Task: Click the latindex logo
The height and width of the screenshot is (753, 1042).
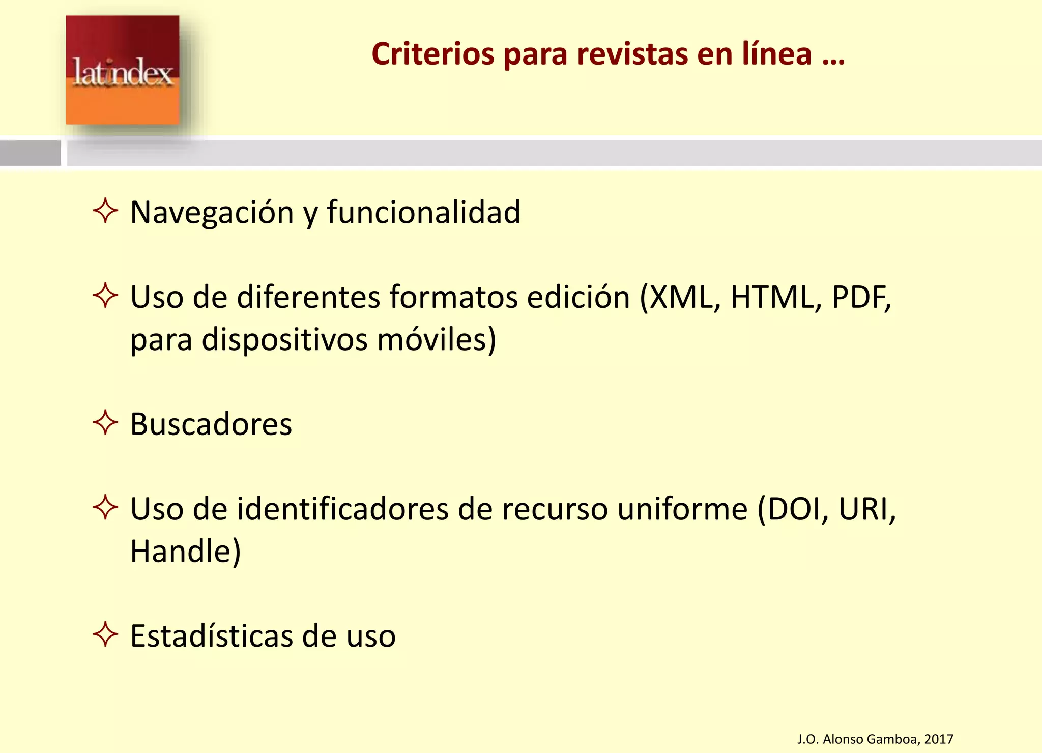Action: (x=122, y=70)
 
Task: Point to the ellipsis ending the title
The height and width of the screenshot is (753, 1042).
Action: (x=833, y=55)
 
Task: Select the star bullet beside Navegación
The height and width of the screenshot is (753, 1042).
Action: (x=105, y=211)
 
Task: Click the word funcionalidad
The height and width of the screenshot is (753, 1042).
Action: (x=423, y=212)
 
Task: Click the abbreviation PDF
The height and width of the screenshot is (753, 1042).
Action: (x=859, y=297)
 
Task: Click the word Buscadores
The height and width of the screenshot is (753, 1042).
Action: (x=211, y=424)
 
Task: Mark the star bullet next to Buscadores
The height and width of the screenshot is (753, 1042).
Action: (x=105, y=422)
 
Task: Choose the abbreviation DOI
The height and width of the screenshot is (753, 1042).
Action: (x=797, y=509)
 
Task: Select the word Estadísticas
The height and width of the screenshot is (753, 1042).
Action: (x=211, y=636)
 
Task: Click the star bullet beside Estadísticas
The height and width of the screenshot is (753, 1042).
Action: (x=105, y=634)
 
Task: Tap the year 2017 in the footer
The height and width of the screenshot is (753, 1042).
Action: (x=938, y=739)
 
